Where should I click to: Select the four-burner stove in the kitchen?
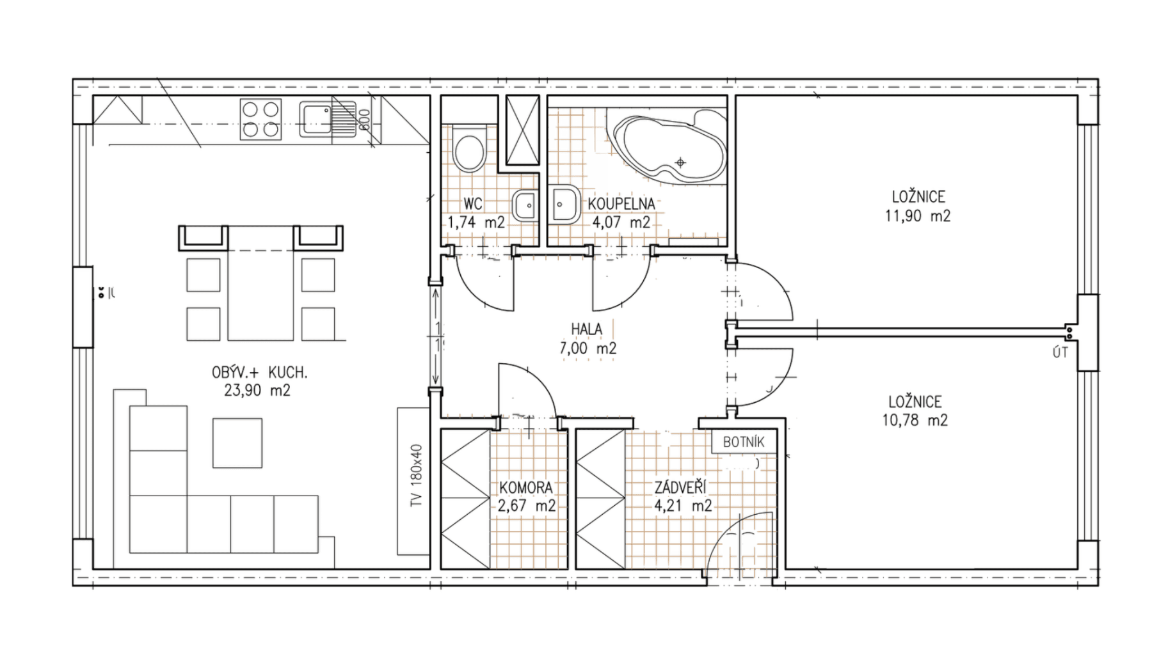coord(260,119)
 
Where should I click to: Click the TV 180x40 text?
coord(417,476)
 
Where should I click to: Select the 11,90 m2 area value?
coord(917,216)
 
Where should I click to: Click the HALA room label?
coord(586,329)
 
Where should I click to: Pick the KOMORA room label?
coord(526,488)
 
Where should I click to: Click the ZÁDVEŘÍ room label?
coord(680,488)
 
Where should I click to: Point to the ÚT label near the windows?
coord(1060,352)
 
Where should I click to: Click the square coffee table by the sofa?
coord(237,443)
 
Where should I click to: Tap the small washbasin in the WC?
coord(527,206)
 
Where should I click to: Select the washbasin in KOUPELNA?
coord(564,204)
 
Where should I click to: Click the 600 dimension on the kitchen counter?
coord(364,120)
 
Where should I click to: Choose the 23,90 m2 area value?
coord(257,391)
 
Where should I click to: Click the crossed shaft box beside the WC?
coord(522,130)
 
